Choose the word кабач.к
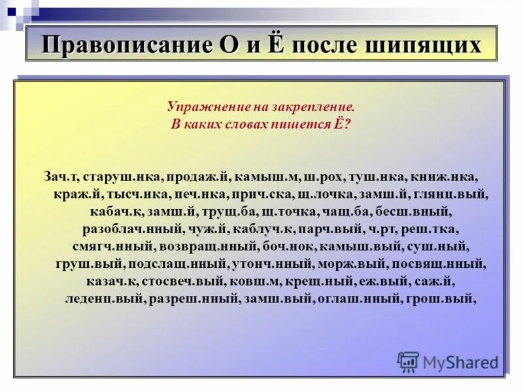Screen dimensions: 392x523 pos(114,212)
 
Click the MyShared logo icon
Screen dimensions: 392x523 pos(408,361)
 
